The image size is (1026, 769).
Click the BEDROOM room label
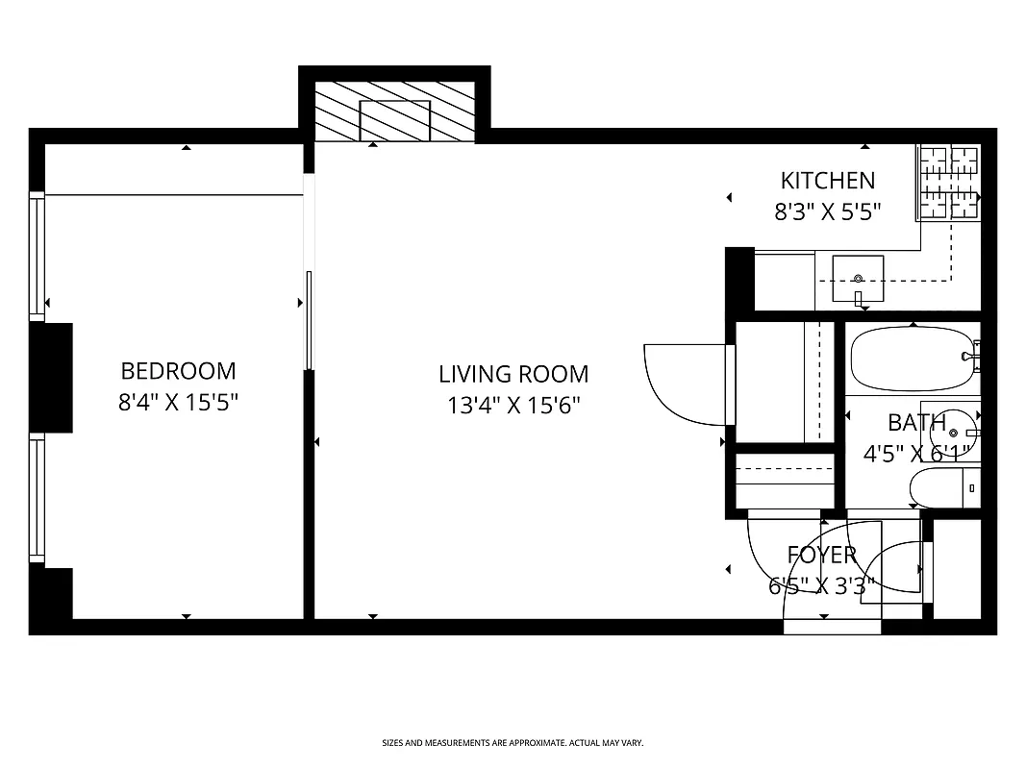tap(178, 370)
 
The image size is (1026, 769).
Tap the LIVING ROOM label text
tap(513, 374)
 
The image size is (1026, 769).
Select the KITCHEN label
tap(827, 180)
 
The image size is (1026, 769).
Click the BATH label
tap(915, 423)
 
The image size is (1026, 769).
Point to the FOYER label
tap(821, 555)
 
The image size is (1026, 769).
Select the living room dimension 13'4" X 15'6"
tap(513, 406)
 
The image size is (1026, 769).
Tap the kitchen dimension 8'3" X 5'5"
tap(828, 211)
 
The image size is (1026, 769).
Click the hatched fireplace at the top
tap(394, 112)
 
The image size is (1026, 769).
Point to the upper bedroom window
tap(38, 256)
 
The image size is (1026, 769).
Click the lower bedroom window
tap(38, 498)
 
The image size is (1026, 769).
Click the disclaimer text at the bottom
tap(513, 743)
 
